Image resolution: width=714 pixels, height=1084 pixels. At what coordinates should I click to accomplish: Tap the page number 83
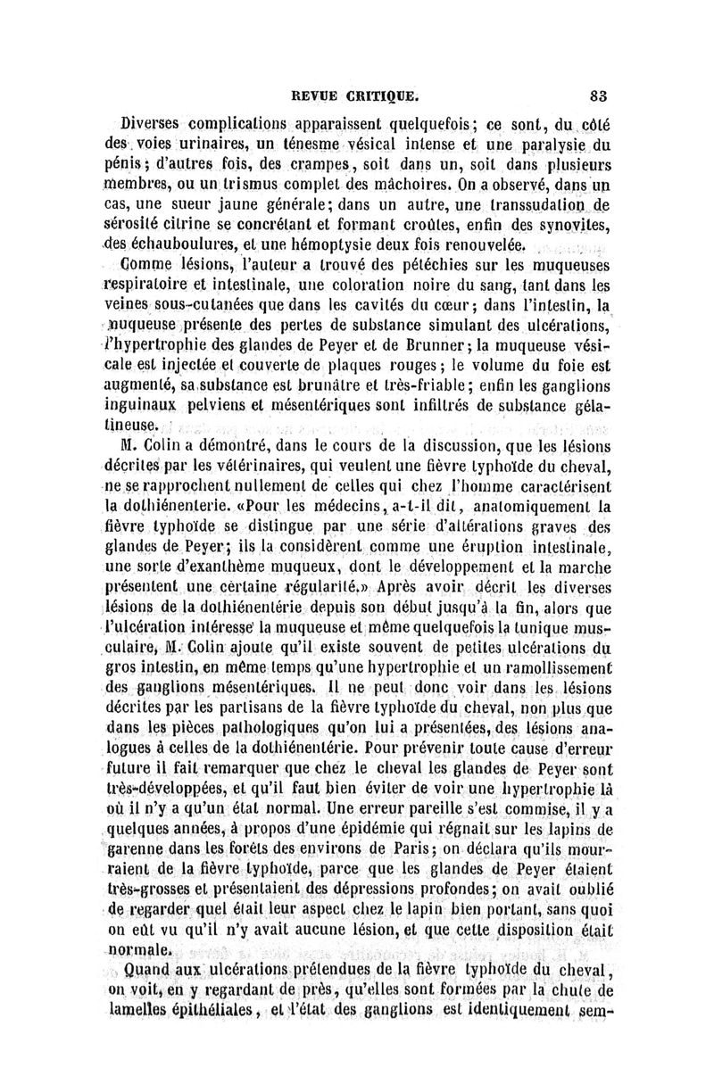pyautogui.click(x=597, y=92)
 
